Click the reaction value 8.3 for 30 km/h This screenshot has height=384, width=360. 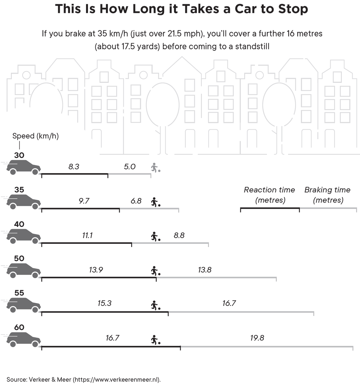[74, 167]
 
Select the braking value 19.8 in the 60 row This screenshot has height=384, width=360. [257, 338]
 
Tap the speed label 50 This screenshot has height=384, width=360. [19, 259]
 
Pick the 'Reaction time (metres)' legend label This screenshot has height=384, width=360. [269, 195]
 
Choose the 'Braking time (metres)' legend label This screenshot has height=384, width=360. [327, 195]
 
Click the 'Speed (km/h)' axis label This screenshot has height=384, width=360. [36, 136]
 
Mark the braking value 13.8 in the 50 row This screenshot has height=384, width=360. [204, 270]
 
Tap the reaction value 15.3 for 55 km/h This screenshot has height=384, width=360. [104, 303]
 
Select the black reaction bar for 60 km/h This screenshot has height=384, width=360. [111, 347]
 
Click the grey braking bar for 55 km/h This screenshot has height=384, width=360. [241, 312]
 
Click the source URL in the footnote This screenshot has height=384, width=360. [117, 380]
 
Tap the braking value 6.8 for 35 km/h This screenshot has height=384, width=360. [136, 201]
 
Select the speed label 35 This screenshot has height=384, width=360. [19, 190]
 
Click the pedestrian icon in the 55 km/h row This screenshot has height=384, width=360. [155, 305]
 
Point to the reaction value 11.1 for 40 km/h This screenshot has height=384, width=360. [87, 236]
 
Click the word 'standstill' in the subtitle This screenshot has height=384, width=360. [252, 46]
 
